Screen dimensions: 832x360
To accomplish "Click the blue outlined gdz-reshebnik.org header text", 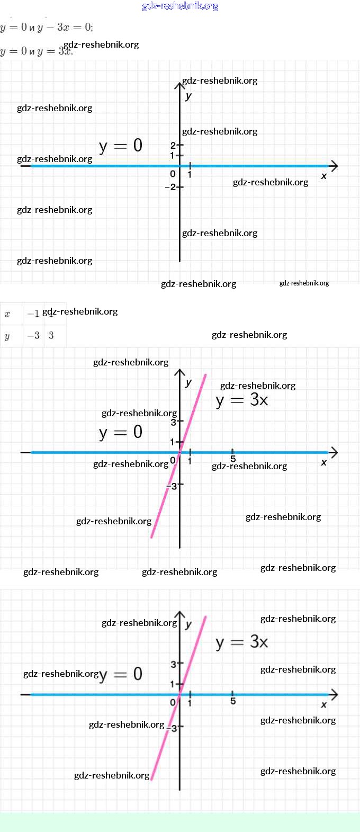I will (180, 6).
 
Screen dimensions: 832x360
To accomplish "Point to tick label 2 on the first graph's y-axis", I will (173, 145).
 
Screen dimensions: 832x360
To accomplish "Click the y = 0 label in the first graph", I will (121, 145).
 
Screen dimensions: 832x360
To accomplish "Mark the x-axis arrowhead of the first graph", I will (334, 166).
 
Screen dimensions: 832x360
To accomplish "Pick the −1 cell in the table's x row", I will (33, 314).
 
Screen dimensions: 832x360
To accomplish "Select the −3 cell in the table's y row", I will (33, 336).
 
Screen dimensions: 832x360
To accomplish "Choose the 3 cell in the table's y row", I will (51, 336).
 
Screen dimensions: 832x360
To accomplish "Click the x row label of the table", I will (7, 314).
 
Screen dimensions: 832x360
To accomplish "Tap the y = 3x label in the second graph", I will (242, 400).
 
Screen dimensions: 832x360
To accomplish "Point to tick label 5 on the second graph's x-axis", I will (233, 459).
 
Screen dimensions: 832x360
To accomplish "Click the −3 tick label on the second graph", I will (172, 486).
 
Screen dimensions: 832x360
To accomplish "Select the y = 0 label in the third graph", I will (121, 674).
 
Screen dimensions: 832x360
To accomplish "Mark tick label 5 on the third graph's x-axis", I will (233, 701).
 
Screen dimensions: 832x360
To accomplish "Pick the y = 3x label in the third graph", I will (242, 642).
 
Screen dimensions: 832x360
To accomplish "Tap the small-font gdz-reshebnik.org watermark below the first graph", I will (304, 283).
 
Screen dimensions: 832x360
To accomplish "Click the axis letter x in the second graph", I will (324, 462).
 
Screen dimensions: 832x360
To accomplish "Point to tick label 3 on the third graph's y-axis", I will (173, 664).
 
